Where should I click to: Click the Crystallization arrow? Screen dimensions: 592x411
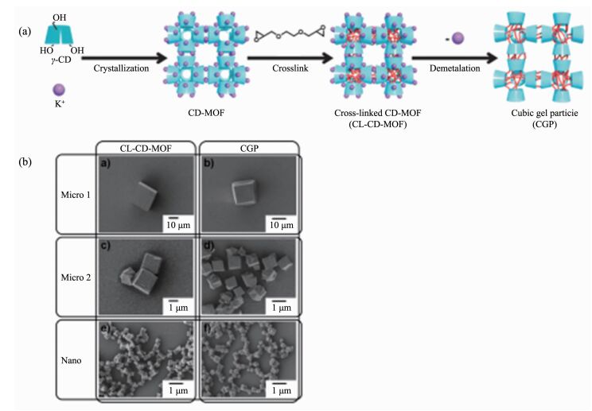(124, 59)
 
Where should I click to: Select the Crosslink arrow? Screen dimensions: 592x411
(290, 59)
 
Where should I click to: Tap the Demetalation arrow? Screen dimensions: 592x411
(455, 59)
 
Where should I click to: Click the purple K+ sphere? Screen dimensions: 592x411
(59, 90)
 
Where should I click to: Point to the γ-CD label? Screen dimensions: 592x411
(61, 60)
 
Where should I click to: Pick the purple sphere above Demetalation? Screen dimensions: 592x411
(458, 38)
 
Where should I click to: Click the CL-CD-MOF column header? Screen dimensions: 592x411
(146, 149)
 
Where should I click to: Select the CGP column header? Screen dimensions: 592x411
(250, 149)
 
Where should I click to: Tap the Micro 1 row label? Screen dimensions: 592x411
(76, 195)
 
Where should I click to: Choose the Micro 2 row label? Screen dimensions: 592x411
(76, 277)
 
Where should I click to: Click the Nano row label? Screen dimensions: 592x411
(72, 360)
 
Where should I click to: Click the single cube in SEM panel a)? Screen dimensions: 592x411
(146, 196)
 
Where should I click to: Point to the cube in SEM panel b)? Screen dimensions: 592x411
(243, 192)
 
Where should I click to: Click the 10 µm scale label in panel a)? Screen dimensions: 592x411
(178, 226)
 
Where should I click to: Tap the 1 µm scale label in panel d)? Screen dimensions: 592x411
(282, 308)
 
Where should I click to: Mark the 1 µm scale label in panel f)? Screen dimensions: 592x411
(282, 390)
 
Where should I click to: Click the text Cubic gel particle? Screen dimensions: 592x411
(544, 113)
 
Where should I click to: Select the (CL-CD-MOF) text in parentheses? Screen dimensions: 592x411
(377, 124)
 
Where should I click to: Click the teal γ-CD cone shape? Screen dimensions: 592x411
(59, 35)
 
